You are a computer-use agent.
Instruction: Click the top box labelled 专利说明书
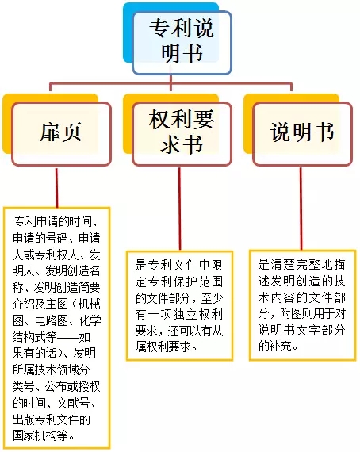point(182,42)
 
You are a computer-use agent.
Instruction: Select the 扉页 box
point(61,134)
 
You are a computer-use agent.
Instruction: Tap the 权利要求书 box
point(182,134)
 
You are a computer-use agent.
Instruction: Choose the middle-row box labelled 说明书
point(302,134)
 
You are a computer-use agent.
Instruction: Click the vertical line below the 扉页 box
point(57,187)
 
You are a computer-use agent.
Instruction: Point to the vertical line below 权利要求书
point(179,209)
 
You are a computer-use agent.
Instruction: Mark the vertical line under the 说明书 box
point(301,209)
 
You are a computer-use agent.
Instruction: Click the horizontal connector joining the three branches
point(170,84)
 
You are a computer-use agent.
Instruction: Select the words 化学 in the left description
point(90,320)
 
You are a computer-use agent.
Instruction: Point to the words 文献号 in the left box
point(73,403)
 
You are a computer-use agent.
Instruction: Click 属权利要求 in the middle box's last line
point(163,347)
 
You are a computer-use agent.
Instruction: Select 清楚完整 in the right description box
point(295,265)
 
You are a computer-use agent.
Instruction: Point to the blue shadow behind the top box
point(128,33)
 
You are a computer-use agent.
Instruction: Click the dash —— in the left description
point(68,337)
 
